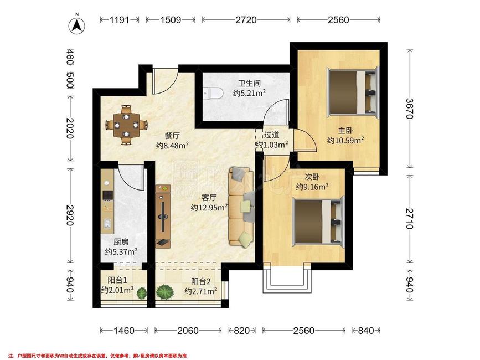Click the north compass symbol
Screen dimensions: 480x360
[76, 25]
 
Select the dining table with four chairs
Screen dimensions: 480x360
[126, 125]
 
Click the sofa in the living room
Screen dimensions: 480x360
[241, 206]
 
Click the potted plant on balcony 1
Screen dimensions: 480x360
[142, 293]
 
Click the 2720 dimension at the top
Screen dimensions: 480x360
[246, 20]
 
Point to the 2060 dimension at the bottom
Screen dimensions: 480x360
[188, 331]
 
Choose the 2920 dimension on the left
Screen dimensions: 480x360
[70, 215]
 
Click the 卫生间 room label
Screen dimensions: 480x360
[249, 83]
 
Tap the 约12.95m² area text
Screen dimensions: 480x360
[209, 208]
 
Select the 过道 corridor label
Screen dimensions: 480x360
[271, 135]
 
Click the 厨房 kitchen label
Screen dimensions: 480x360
[121, 242]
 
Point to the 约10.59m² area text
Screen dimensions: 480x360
[345, 141]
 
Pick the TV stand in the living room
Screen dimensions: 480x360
[163, 216]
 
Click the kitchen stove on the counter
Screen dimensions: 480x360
[107, 195]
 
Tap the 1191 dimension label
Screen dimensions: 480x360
[120, 20]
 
